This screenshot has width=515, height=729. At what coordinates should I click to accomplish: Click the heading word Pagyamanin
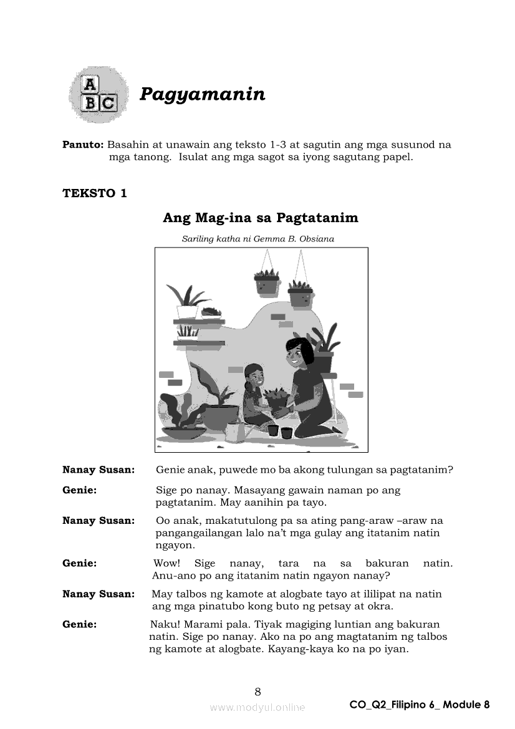click(202, 94)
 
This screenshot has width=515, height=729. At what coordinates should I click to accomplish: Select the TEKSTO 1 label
click(94, 193)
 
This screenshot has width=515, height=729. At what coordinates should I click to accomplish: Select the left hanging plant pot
click(266, 284)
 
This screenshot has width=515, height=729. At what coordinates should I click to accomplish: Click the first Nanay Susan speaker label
click(99, 470)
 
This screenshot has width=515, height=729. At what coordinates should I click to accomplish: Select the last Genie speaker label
click(79, 624)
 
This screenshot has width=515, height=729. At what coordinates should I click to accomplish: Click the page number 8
click(257, 691)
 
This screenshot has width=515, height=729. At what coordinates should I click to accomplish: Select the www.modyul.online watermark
click(257, 707)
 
